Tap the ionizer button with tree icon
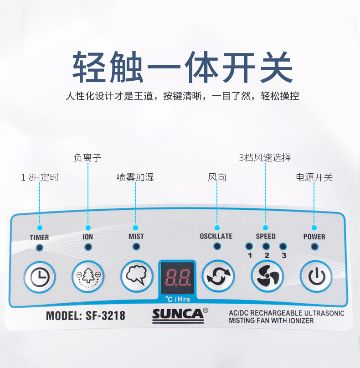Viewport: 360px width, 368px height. (x=88, y=276)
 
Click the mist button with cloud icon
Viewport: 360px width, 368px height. (x=136, y=276)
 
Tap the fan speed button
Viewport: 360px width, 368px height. (x=267, y=276)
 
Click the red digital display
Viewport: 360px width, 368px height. (x=177, y=278)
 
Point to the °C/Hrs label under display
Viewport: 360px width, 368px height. (x=177, y=299)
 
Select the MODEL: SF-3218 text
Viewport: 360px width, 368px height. (x=85, y=315)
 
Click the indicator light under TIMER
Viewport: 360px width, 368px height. (x=40, y=247)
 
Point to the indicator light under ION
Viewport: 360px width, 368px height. (x=88, y=247)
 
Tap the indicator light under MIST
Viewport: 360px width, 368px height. (x=136, y=247)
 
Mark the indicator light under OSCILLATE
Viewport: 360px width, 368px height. (x=217, y=246)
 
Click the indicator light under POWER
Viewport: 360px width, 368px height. (x=314, y=247)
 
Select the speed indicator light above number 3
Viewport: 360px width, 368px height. (x=283, y=246)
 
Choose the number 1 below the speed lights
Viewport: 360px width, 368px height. (x=250, y=255)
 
